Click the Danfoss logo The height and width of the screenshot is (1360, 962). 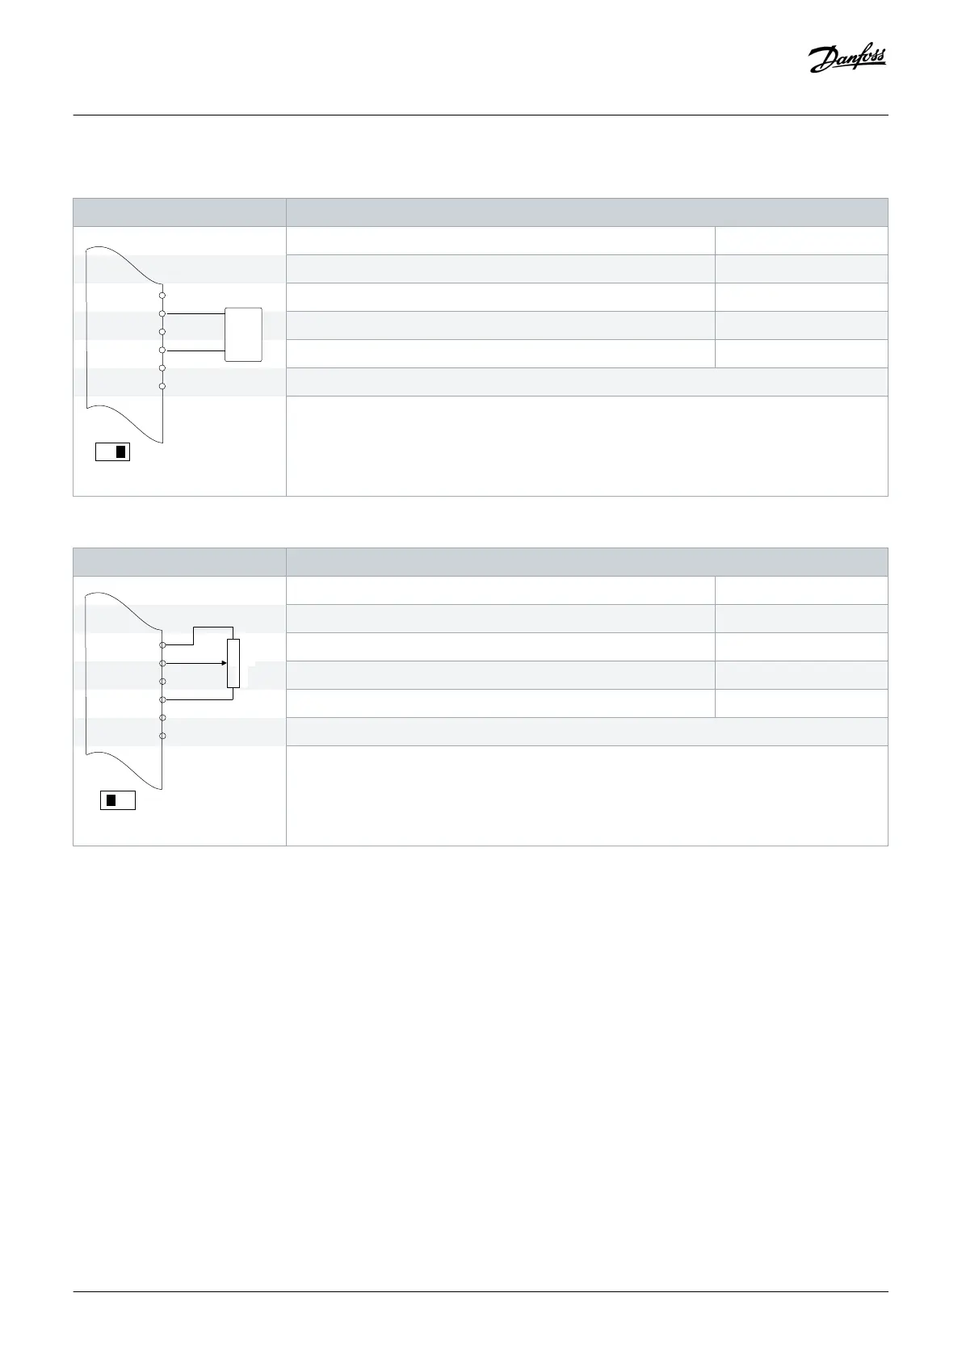[847, 60]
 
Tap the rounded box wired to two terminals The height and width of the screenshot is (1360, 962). [243, 334]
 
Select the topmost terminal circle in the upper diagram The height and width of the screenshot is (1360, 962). [162, 295]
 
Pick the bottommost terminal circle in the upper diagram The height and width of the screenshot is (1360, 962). [162, 387]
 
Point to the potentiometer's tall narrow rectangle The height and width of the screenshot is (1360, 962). [233, 663]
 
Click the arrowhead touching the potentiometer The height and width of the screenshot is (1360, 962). [224, 663]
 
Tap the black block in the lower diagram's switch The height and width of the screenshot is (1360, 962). [111, 800]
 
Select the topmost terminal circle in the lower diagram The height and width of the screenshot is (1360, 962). [162, 645]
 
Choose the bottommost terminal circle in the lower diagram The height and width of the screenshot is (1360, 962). [162, 736]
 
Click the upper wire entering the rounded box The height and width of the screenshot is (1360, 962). [194, 313]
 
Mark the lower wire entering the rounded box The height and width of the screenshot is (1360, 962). [194, 350]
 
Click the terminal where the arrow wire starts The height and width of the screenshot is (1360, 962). [162, 663]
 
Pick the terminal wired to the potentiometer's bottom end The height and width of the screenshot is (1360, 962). [162, 699]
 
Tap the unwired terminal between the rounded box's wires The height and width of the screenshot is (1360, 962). [162, 332]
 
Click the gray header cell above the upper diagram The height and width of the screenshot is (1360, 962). [179, 212]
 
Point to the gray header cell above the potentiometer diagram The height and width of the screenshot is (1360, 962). [179, 562]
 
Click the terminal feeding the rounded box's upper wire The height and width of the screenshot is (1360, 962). [162, 313]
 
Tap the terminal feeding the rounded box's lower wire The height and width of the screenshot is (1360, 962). [162, 350]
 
